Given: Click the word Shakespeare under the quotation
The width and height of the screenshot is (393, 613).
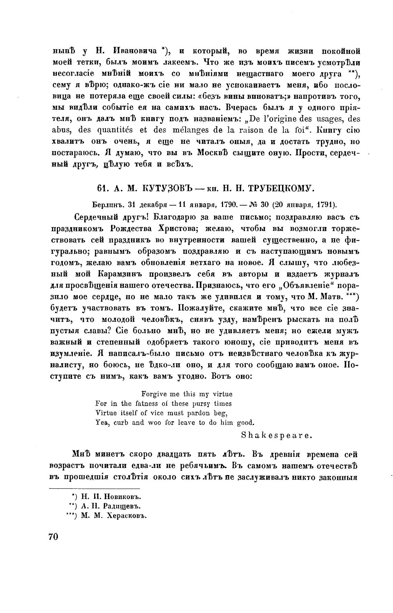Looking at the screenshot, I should click(x=277, y=435).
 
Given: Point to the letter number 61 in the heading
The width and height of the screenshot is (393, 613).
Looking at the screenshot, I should click(x=102, y=188).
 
